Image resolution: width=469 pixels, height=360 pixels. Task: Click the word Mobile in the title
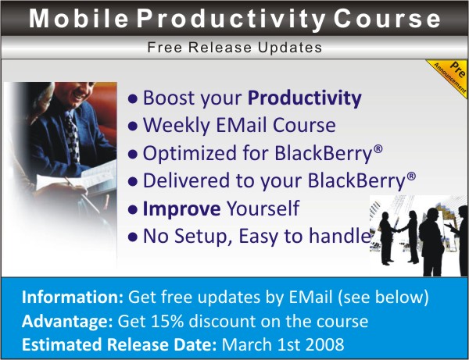79,19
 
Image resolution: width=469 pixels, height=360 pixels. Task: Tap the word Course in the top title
387,19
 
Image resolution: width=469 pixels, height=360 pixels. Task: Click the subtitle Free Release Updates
234,47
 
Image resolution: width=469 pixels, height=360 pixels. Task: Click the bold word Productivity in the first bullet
305,98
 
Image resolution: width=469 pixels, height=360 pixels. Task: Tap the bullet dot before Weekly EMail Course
133,127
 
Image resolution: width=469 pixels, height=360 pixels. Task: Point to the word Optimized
190,154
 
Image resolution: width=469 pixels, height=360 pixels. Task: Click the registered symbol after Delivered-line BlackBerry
412,176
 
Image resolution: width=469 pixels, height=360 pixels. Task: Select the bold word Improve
181,209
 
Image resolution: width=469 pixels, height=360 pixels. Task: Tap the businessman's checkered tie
73,137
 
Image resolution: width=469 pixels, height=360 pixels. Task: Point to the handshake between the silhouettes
397,230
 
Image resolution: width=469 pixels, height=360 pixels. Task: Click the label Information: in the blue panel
73,298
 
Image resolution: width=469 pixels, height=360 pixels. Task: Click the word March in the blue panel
247,344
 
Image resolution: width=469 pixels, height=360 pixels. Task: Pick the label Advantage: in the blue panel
67,322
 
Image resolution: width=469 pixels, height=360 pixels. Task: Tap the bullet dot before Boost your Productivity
133,98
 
